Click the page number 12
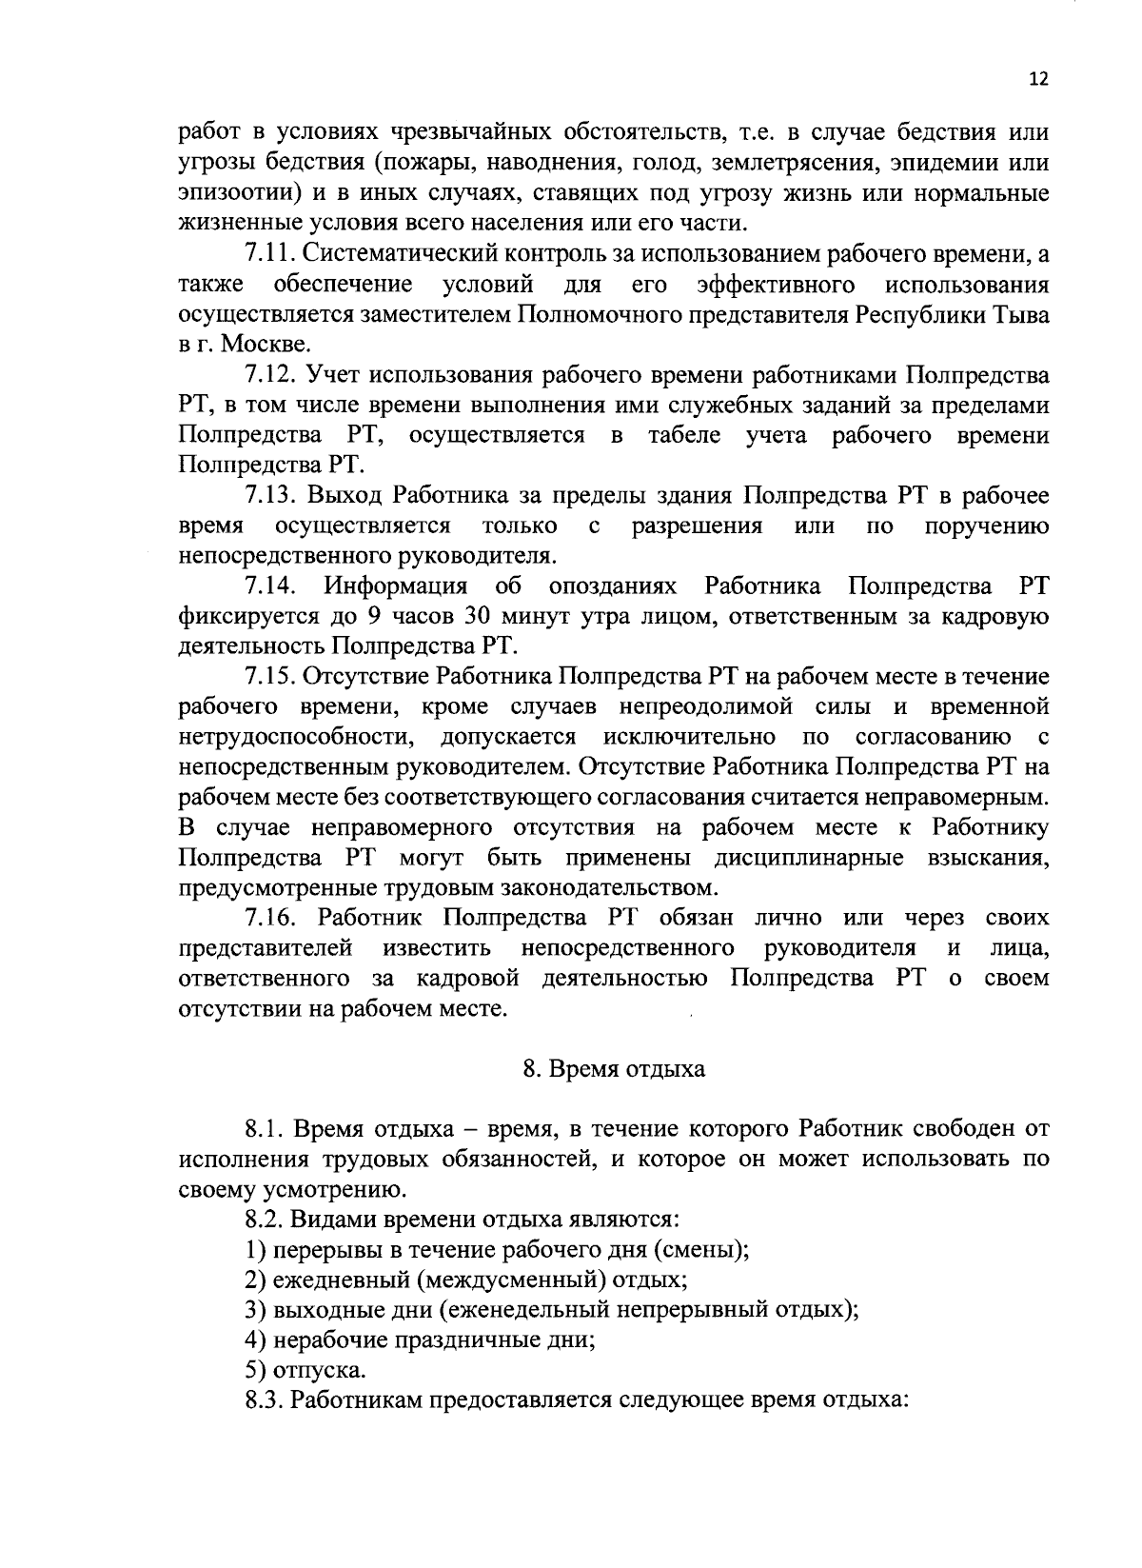1037,80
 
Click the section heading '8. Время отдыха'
614,1069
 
